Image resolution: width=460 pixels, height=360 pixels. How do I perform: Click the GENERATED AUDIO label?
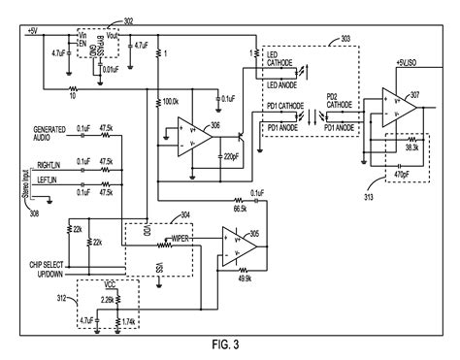coord(49,133)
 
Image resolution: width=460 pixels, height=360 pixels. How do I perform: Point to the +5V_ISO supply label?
coord(409,62)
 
